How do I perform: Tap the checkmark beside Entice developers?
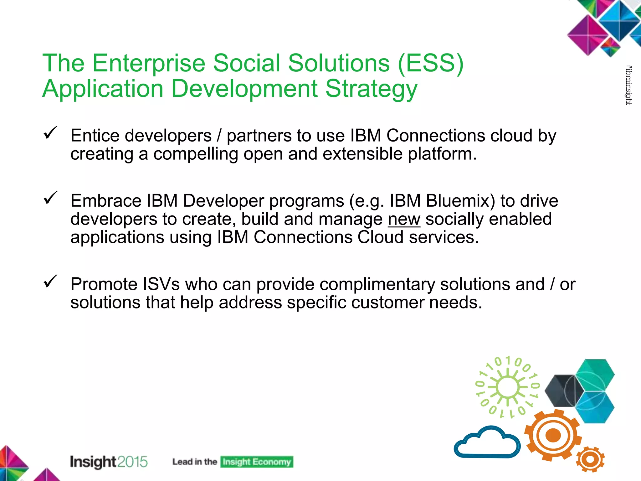tap(50, 133)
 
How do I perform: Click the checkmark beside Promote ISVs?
tap(50, 281)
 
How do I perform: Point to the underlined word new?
tap(404, 219)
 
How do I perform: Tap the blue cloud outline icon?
tap(487, 442)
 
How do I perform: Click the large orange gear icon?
tap(553, 435)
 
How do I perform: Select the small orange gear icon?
tap(590, 459)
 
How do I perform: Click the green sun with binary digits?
tap(508, 387)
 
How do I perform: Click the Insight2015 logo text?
tap(109, 462)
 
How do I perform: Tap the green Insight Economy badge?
tap(257, 462)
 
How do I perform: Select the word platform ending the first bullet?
tap(441, 154)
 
